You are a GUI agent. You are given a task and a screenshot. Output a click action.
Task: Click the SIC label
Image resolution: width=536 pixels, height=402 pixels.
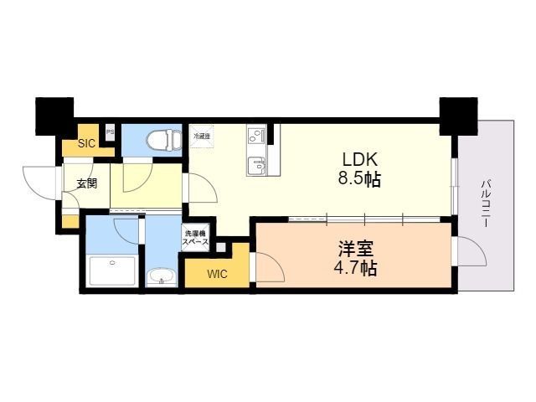pos(86,143)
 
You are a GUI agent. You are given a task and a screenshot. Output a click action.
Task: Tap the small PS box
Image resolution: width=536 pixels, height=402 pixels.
pos(110,131)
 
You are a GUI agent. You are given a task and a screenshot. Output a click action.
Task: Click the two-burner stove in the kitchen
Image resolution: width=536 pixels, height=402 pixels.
pos(256,135)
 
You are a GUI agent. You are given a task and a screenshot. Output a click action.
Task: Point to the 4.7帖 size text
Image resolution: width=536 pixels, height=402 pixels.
pos(356,269)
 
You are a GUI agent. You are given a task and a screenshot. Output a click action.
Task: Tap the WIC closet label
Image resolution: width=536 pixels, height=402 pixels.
pos(217,273)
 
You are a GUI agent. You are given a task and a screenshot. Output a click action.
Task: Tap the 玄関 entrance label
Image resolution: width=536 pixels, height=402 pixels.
pos(86,183)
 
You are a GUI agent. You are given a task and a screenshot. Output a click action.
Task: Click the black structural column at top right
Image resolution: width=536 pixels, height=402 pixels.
pos(457,116)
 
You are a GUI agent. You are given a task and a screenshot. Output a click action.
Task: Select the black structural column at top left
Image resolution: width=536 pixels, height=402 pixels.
pos(54,116)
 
